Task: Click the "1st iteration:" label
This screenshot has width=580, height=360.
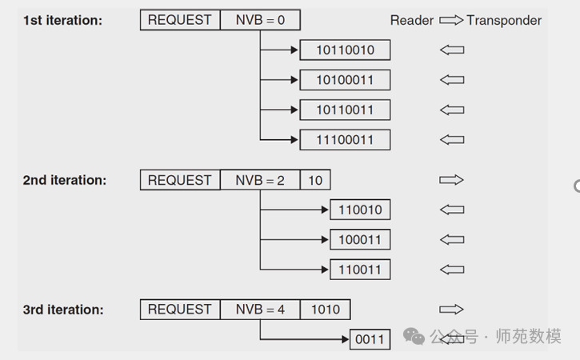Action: [x=62, y=20]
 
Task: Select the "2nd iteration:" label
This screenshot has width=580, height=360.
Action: [x=64, y=180]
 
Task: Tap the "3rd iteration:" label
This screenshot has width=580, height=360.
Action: [x=63, y=310]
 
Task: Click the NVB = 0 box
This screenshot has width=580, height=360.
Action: [x=260, y=20]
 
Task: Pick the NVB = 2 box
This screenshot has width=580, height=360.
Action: [x=260, y=180]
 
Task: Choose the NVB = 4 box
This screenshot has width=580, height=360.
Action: [x=260, y=310]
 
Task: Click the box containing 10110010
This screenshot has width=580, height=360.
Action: [x=345, y=50]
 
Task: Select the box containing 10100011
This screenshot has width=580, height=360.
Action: [x=345, y=80]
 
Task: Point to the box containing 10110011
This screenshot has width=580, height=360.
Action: [x=345, y=110]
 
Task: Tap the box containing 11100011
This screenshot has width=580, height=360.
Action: [x=345, y=139]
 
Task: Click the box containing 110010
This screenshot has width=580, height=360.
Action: [x=360, y=210]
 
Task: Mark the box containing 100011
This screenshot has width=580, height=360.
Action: [x=360, y=239]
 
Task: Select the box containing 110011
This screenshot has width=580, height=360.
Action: [x=360, y=269]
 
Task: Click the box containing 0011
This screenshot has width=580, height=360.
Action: [x=370, y=339]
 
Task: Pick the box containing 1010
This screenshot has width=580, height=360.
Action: [x=325, y=310]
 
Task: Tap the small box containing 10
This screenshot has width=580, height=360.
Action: [x=315, y=180]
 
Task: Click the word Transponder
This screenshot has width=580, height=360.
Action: [x=504, y=20]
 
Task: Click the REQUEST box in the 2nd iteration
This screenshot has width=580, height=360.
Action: [x=180, y=180]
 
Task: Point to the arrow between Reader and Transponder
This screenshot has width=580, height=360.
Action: [x=451, y=20]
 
